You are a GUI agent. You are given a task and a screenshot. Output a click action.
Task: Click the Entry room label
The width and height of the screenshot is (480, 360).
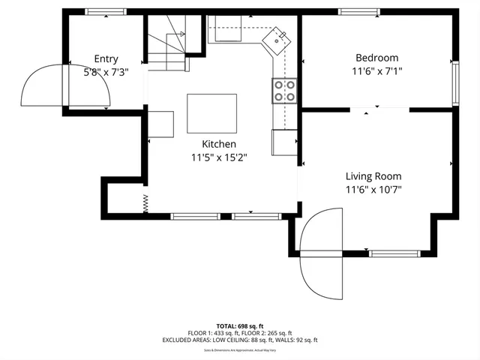(x=106, y=59)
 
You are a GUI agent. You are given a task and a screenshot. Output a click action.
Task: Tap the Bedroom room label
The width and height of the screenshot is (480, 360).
(x=376, y=58)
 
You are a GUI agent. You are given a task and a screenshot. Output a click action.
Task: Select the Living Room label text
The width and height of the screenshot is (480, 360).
(x=373, y=176)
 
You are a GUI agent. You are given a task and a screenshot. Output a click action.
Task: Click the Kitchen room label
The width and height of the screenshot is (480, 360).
(x=219, y=144)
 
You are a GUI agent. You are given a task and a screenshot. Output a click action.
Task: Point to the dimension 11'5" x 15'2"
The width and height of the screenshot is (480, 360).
(x=219, y=157)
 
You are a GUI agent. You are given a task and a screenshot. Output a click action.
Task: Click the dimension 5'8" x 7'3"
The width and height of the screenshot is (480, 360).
(x=106, y=73)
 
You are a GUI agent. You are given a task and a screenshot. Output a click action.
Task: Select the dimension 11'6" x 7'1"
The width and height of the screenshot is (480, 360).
(x=376, y=71)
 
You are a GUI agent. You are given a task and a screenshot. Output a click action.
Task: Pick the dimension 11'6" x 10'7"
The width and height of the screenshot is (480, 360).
(x=373, y=190)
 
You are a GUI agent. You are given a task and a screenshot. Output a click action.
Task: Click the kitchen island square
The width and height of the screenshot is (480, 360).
(x=211, y=113)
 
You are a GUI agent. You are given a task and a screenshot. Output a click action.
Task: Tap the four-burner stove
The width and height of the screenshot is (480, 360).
(x=284, y=91)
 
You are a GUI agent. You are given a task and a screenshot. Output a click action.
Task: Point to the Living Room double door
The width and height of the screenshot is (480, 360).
(x=321, y=253)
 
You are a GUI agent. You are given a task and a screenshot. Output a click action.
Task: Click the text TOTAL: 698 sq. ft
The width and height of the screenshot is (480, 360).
(x=239, y=326)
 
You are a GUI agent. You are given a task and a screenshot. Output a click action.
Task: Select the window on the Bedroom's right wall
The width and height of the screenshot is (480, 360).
(x=454, y=83)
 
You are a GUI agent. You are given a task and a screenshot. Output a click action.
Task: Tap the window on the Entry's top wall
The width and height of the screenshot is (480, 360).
(x=106, y=12)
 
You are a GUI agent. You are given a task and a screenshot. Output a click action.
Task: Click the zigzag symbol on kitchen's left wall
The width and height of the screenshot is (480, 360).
(x=145, y=202)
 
